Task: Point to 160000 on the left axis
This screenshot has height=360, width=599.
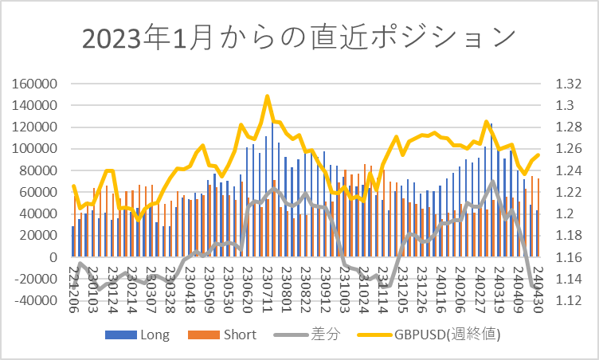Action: [35, 84]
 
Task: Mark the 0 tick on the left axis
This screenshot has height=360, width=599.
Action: [56, 257]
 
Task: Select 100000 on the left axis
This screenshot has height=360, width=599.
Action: [35, 149]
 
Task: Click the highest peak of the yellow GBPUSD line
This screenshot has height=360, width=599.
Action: [268, 96]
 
